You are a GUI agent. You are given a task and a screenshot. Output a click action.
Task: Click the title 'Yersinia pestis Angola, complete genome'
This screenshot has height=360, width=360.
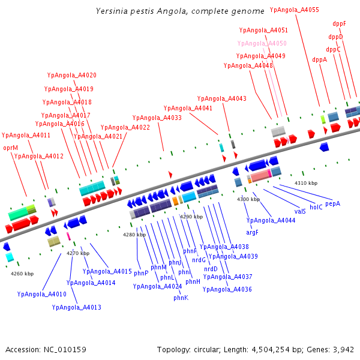(180, 11)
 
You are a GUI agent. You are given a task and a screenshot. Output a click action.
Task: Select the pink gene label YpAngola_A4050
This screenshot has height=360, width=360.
(262, 44)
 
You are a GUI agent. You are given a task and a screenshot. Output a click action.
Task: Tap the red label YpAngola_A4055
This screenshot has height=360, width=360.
(295, 10)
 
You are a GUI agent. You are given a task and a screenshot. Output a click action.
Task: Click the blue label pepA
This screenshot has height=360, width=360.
(332, 203)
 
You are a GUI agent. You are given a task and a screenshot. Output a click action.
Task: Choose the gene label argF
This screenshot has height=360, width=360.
(253, 232)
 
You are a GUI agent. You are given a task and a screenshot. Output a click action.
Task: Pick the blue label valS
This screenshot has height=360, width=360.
(301, 211)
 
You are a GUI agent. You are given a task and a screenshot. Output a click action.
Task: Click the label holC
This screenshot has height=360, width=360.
(316, 207)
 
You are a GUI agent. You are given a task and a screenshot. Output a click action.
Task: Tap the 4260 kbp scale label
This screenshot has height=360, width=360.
(22, 274)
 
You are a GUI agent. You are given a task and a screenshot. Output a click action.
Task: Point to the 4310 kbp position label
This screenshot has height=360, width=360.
(306, 183)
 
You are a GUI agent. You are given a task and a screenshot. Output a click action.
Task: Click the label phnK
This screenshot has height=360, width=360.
(181, 298)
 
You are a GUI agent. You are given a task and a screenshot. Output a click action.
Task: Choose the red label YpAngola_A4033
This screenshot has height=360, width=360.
(157, 118)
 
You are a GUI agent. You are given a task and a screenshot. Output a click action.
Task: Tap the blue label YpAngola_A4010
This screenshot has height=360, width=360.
(42, 294)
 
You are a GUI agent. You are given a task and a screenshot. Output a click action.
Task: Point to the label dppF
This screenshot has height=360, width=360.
(339, 24)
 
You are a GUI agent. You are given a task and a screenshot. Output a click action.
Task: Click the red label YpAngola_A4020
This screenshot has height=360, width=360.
(72, 75)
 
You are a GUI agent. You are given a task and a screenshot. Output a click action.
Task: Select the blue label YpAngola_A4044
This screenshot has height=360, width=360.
(271, 221)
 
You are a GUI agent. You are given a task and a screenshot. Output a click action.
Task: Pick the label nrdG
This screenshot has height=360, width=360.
(199, 260)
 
